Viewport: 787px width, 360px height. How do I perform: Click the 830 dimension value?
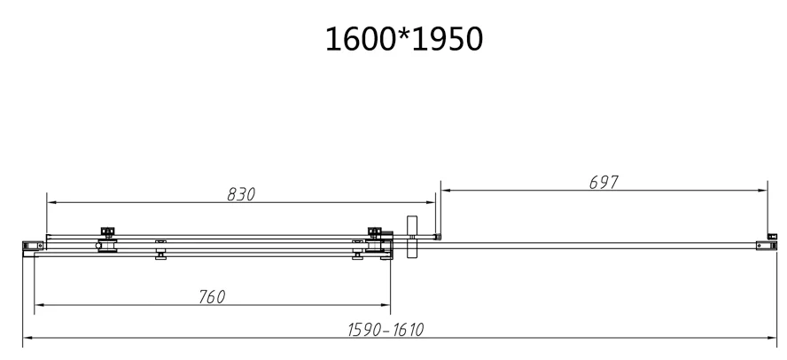pos(241,194)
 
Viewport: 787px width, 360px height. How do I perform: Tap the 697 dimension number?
pos(604,183)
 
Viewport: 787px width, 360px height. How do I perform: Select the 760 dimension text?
pos(212,297)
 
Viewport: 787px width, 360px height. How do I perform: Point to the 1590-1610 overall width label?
pos(386,330)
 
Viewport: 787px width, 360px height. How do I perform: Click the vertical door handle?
pos(412,237)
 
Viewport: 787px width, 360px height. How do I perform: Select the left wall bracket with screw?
pos(33,246)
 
